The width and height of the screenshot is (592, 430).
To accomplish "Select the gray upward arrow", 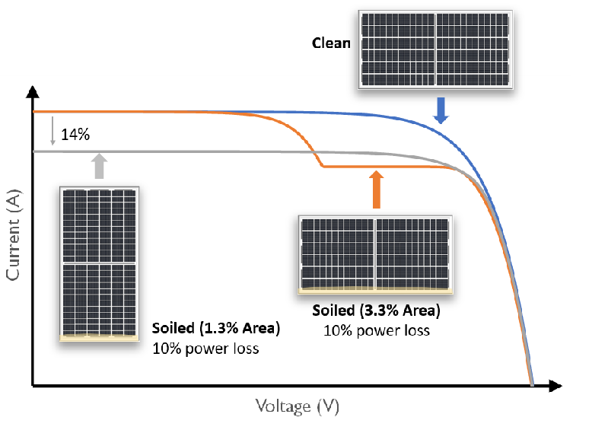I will click(x=98, y=167).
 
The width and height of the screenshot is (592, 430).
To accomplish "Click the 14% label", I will click(x=75, y=135).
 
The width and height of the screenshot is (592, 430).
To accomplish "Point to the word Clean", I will click(x=331, y=43).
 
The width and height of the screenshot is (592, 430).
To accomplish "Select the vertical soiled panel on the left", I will click(x=100, y=263).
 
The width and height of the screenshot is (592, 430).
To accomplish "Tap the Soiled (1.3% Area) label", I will click(x=216, y=329).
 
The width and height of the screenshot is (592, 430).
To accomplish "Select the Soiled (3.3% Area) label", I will click(x=376, y=311).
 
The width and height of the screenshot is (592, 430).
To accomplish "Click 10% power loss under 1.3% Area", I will click(x=205, y=349).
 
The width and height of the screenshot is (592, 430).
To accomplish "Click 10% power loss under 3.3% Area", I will click(x=376, y=330).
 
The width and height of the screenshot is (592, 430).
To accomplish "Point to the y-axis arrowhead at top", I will click(x=32, y=94).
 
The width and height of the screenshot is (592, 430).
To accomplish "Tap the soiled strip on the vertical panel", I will click(x=100, y=336).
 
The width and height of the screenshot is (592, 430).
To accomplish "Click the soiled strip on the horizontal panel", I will click(x=375, y=291).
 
